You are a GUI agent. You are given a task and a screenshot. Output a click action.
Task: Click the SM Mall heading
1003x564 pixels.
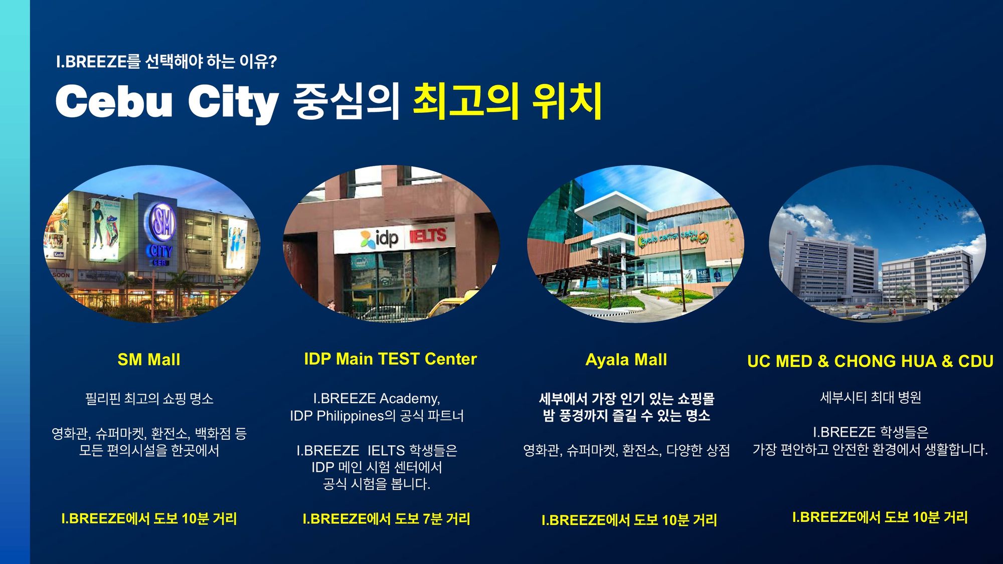pyautogui.click(x=149, y=359)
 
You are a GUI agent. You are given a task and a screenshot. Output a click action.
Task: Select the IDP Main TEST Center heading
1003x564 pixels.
pyautogui.click(x=390, y=359)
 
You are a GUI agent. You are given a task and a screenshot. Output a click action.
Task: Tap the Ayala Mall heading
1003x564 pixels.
pyautogui.click(x=626, y=359)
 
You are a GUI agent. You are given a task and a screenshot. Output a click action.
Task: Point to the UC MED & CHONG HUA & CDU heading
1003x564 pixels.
pyautogui.click(x=870, y=361)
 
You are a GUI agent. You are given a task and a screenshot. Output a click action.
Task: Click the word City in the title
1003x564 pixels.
pyautogui.click(x=233, y=103)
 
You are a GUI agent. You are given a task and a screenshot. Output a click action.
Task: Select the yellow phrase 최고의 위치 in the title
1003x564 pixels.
pyautogui.click(x=507, y=102)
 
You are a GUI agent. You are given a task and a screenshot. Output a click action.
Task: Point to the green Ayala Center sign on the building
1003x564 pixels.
pyautogui.click(x=673, y=239)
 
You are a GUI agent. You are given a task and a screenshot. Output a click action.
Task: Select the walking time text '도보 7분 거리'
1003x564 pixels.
pyautogui.click(x=432, y=518)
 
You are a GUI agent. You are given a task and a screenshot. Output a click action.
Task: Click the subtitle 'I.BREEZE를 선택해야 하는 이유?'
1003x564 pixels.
pyautogui.click(x=166, y=62)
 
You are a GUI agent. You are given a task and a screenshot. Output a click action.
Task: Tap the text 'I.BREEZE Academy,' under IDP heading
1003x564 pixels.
pyautogui.click(x=377, y=399)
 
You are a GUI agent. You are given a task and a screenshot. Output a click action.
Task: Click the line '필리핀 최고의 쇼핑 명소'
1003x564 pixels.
pyautogui.click(x=149, y=399)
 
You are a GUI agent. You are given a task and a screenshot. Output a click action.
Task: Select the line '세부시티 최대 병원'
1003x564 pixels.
pyautogui.click(x=871, y=398)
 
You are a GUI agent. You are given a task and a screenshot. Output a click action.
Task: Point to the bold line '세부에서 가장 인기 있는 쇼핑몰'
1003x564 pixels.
pyautogui.click(x=626, y=399)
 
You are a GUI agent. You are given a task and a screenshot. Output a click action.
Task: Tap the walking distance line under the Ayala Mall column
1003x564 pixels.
pyautogui.click(x=629, y=520)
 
